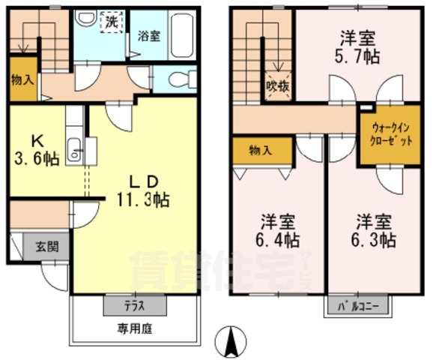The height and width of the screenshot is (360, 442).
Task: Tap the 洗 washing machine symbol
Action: pyautogui.click(x=111, y=21)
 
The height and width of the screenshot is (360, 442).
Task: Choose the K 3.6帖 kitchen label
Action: pyautogui.click(x=37, y=149)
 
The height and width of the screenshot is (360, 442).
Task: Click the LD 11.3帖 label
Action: pyautogui.click(x=142, y=190)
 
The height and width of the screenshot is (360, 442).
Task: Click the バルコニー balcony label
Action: pyautogui.click(x=357, y=305)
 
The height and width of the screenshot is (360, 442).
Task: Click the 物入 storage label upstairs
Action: pyautogui.click(x=260, y=149)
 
